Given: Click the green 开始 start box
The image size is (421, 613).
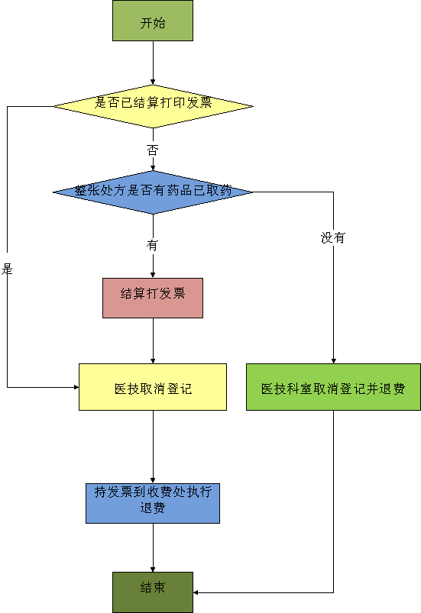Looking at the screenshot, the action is click(x=153, y=21).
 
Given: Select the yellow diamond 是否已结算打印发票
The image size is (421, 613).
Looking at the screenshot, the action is click(x=153, y=106).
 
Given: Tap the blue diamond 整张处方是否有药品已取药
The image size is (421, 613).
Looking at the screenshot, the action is click(x=153, y=192).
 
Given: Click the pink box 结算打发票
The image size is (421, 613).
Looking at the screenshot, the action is click(x=153, y=298).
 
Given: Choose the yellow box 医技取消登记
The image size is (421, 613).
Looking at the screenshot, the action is click(x=153, y=387).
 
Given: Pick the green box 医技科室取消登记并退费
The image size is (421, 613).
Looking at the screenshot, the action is click(x=333, y=387).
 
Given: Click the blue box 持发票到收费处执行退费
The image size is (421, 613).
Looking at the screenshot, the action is click(x=153, y=504).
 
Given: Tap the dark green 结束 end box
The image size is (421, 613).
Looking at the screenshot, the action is click(x=153, y=592).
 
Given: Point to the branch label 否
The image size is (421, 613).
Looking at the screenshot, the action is click(x=153, y=150).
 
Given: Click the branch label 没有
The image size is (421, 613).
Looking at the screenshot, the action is click(x=333, y=237).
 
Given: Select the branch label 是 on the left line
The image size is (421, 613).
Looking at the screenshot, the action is click(x=7, y=269).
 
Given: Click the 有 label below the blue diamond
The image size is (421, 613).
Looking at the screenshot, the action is click(x=153, y=246).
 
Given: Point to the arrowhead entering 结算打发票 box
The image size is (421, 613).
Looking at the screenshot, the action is click(x=153, y=276).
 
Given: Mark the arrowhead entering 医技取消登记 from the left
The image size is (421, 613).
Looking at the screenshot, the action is click(x=76, y=387).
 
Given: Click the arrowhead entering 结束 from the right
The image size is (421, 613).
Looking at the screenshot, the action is click(x=196, y=592).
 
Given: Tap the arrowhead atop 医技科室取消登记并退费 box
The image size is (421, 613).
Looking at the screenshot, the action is click(x=333, y=361).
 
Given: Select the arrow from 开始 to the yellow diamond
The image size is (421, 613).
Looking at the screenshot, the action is click(x=153, y=63).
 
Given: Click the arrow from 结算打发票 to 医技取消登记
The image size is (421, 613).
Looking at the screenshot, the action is click(x=153, y=341).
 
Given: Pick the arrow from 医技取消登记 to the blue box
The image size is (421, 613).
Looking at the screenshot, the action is click(x=153, y=447).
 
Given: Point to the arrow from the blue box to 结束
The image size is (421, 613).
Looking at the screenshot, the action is click(x=153, y=547).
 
